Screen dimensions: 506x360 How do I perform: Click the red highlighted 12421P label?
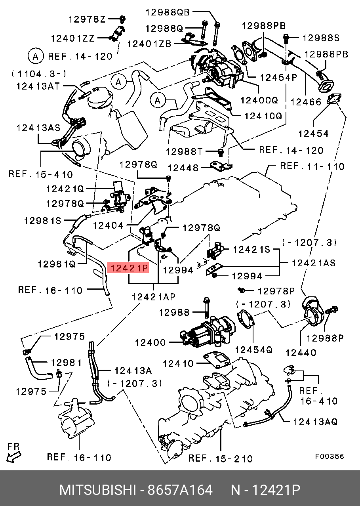(x=129, y=269)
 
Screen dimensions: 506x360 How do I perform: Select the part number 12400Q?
(x=261, y=100)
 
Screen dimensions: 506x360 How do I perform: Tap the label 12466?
(x=306, y=102)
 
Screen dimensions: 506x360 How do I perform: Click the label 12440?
(x=301, y=352)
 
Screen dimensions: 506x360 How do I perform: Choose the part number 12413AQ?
(x=315, y=422)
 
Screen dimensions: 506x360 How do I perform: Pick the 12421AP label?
(x=154, y=297)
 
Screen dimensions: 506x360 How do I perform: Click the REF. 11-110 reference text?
(x=312, y=166)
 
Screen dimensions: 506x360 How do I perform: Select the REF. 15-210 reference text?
(x=220, y=458)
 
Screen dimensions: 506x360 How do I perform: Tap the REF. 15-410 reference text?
(x=41, y=174)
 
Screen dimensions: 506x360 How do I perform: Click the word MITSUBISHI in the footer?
(x=97, y=490)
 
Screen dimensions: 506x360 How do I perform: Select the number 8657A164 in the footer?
(x=180, y=490)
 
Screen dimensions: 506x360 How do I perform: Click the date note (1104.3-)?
(x=38, y=74)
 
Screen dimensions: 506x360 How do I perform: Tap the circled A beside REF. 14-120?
(x=35, y=56)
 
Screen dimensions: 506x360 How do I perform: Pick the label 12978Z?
(x=87, y=19)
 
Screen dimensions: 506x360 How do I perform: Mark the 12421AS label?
(x=314, y=262)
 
